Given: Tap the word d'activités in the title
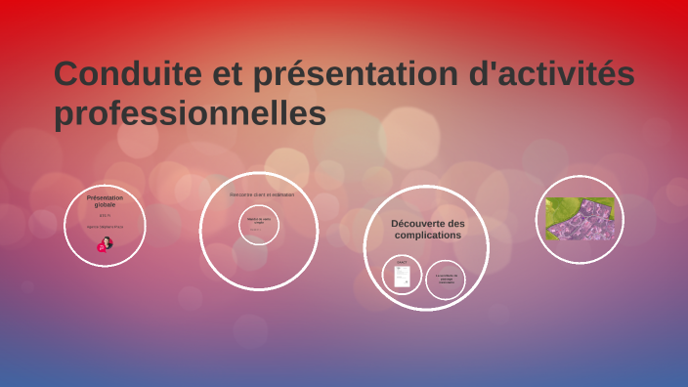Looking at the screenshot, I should click(x=553, y=74).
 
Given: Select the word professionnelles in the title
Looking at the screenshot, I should click(x=190, y=114).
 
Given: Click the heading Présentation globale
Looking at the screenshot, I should click(x=105, y=201).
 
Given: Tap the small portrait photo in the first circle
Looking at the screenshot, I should click(x=105, y=244).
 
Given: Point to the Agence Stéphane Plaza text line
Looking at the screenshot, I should click(x=105, y=227).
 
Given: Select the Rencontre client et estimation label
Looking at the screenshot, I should click(x=262, y=194).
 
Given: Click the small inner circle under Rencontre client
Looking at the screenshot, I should click(x=259, y=226).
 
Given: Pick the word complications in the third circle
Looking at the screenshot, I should click(x=428, y=236).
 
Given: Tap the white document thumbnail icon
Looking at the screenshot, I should click(x=401, y=278).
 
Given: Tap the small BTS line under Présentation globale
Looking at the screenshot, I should click(x=105, y=216).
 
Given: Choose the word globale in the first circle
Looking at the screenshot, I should click(x=105, y=205).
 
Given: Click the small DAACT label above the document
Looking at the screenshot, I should click(x=401, y=262).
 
